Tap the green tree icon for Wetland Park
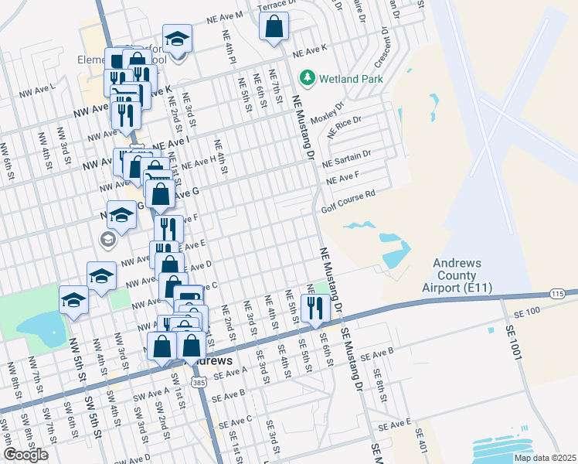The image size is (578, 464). (308, 77)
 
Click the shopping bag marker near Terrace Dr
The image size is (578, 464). (274, 27)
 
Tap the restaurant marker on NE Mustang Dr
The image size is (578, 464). (315, 308)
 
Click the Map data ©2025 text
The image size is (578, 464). (544, 458)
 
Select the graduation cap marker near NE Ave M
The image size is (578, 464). (177, 39)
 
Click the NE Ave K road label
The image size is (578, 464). (311, 52)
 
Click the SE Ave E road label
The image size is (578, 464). (395, 425)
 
